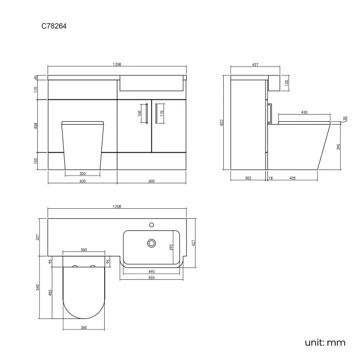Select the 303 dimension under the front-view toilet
tap(82, 173)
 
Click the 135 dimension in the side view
tap(286, 83)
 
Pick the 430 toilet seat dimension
tap(304, 113)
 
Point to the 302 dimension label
tap(248, 178)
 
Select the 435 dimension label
tap(292, 178)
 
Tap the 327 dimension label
tap(38, 237)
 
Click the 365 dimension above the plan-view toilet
tap(83, 250)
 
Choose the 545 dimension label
tap(38, 287)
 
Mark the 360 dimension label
tap(83, 328)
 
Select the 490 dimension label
tap(151, 271)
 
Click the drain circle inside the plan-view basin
tap(150, 243)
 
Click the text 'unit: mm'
tap(325, 342)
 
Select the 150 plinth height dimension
tap(36, 161)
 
